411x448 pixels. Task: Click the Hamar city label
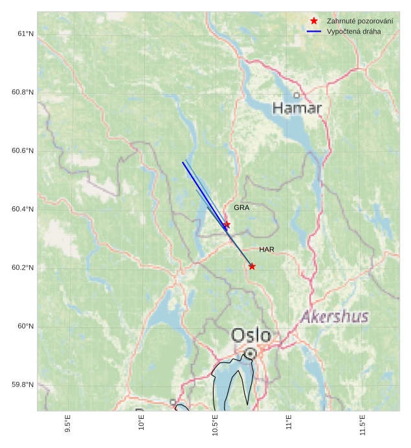[x=296, y=108]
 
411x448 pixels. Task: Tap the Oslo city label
[x=251, y=335]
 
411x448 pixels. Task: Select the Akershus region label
[x=335, y=317]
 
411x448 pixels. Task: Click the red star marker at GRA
[x=227, y=224]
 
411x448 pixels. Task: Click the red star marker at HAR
[x=252, y=266]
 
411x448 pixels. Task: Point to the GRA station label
[x=241, y=208]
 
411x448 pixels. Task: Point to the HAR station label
[x=267, y=250]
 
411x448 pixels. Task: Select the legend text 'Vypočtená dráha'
[x=354, y=31]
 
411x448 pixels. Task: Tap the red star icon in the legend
[x=314, y=21]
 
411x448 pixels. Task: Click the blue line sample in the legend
[x=314, y=31]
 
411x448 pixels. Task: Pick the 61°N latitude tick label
[x=25, y=34]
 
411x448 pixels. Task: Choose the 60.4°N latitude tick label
[x=22, y=209]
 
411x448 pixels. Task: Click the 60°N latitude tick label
[x=25, y=326]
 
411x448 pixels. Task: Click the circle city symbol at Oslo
[x=250, y=353]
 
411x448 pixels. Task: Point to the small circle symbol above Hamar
[x=296, y=95]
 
